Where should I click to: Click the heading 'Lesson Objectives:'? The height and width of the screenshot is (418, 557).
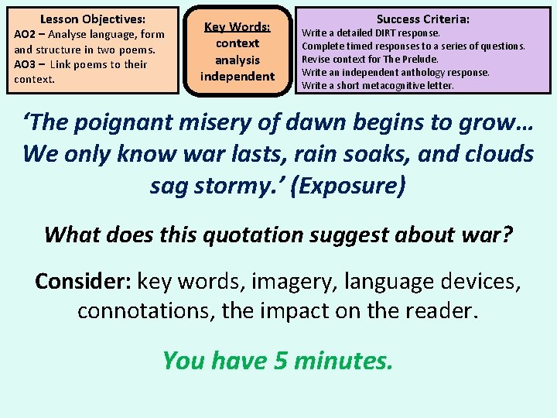(92, 19)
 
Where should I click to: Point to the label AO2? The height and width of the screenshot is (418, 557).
(26, 34)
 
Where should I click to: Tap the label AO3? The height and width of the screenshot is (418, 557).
(26, 64)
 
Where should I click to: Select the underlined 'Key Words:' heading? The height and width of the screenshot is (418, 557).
(237, 27)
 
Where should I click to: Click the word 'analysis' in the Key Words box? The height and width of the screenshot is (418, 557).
(237, 60)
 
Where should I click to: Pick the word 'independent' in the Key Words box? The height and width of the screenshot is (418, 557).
(237, 76)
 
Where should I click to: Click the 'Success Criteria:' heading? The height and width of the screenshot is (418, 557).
(423, 19)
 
